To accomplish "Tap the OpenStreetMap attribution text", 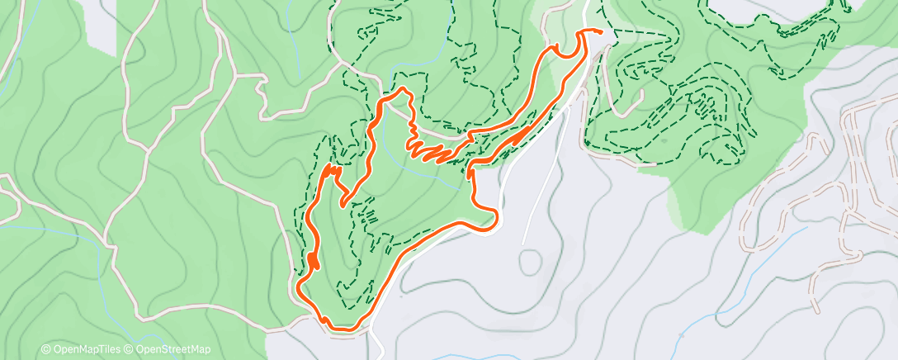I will coord(175,349).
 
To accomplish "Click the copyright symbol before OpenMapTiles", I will coord(46,349).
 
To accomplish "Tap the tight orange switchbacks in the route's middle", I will coord(429,150).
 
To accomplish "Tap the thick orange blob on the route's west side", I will coord(314,261).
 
